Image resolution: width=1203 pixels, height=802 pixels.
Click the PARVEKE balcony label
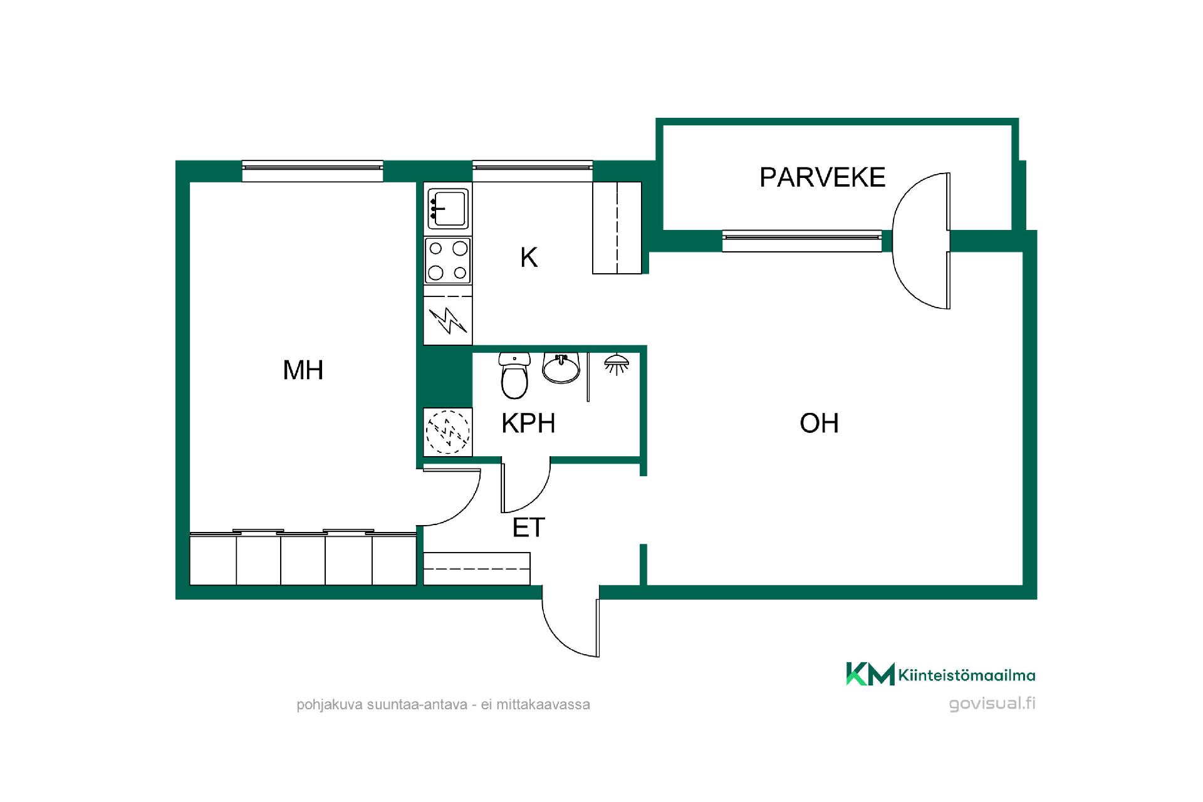tap(822, 177)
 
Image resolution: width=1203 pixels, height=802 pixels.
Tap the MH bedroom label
tap(303, 370)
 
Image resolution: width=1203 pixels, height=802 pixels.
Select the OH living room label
tap(819, 424)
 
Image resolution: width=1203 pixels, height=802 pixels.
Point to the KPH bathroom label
tap(528, 424)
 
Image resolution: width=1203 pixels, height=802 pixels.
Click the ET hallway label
tap(529, 528)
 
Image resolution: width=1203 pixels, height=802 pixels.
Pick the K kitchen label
tap(529, 258)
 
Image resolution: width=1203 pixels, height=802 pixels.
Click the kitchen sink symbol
tap(447, 209)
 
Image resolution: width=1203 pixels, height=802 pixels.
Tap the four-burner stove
tap(447, 261)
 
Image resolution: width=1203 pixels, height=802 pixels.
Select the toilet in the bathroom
tap(515, 376)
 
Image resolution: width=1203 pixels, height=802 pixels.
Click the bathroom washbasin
tap(561, 368)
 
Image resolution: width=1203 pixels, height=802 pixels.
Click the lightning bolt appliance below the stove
tap(447, 320)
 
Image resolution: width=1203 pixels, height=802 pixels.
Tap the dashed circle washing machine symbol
tap(447, 431)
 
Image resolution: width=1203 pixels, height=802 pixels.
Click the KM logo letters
tap(870, 674)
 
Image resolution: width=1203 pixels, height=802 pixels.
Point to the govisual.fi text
tap(992, 704)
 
